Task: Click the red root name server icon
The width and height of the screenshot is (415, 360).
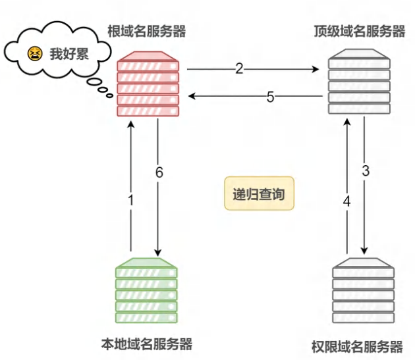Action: click(148, 84)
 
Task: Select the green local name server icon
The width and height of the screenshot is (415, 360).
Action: click(146, 290)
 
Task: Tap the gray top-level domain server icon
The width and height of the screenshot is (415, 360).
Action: click(359, 82)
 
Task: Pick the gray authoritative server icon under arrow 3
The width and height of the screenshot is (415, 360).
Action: click(363, 290)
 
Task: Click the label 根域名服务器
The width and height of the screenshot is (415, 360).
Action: click(147, 31)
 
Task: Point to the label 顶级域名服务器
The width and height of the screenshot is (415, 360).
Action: click(360, 31)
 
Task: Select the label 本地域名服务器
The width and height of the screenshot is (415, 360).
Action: click(147, 344)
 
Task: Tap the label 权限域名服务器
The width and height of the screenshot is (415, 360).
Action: click(357, 347)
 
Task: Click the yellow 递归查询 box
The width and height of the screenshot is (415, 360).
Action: click(259, 193)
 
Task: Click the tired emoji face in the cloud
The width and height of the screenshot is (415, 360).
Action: click(35, 54)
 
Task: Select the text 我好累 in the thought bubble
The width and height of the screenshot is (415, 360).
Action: click(69, 54)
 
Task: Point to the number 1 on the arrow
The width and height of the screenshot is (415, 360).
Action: click(130, 199)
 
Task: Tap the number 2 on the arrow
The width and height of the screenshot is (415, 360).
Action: click(239, 68)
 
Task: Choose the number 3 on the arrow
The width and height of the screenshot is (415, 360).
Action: click(366, 170)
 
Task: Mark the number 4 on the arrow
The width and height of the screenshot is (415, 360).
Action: click(346, 201)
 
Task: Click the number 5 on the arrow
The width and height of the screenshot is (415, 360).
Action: click(270, 97)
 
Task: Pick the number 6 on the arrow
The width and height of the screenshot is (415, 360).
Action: click(159, 172)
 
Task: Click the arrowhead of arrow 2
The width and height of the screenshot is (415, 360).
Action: click(316, 69)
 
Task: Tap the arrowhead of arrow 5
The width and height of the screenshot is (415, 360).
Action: click(192, 95)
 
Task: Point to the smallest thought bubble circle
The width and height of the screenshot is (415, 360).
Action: click(109, 95)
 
